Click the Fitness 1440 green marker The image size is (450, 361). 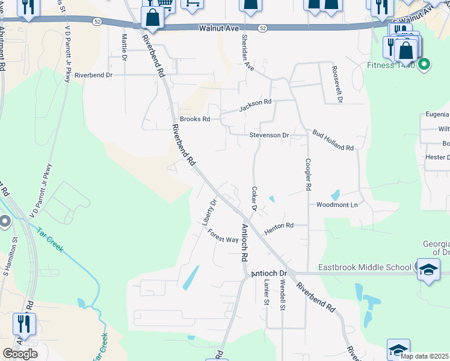tap(425, 64)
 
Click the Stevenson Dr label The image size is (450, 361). tap(269, 135)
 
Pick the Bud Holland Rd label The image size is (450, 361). tap(333, 140)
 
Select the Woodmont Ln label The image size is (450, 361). tap(337, 205)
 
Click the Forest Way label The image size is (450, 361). tap(223, 236)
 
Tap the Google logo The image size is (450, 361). tap(20, 354)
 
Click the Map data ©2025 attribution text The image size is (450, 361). tap(424, 356)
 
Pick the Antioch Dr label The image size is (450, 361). tap(269, 273)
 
